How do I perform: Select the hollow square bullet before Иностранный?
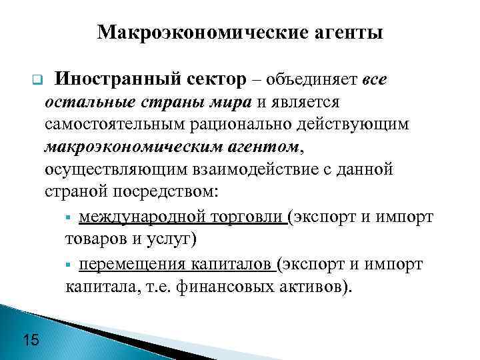37,83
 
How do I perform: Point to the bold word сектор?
215,80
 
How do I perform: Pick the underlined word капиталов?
233,265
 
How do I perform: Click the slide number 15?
31,341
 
